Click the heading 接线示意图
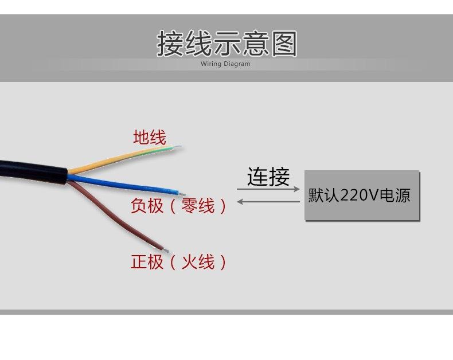coord(226,44)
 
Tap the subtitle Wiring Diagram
coord(225,64)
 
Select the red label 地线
coord(149,138)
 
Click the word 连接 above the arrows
coord(268,177)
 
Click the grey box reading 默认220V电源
coord(362,195)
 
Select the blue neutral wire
coord(126,184)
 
